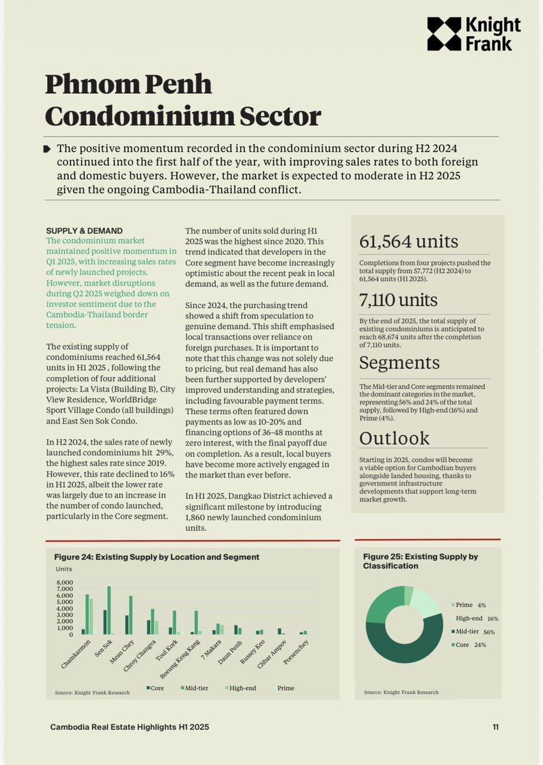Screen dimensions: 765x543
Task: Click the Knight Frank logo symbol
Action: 443,34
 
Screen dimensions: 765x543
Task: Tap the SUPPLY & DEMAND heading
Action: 84,230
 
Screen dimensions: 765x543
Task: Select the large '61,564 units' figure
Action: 408,242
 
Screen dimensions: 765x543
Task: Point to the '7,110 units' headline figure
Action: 399,300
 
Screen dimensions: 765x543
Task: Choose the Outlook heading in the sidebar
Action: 394,438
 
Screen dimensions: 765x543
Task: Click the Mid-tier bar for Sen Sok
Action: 109,610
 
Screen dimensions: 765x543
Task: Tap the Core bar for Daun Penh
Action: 236,630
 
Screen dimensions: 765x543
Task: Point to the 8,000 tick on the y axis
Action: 66,583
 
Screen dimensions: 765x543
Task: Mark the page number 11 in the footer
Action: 495,727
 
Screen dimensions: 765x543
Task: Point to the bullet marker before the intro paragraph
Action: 47,149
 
